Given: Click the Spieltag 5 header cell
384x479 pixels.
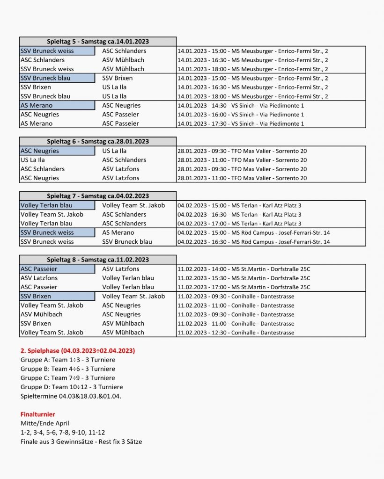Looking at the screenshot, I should click(x=97, y=42).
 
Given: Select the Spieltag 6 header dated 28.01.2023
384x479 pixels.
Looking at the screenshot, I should click(x=97, y=142).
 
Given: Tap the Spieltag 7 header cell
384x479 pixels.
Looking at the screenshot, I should click(x=97, y=196).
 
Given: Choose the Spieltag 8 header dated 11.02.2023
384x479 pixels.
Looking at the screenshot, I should click(x=97, y=260).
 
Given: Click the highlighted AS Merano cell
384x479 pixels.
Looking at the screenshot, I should click(x=57, y=105).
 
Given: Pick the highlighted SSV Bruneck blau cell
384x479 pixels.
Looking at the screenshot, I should click(x=57, y=78).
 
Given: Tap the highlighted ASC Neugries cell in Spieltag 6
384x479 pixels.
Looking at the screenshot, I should click(x=57, y=151).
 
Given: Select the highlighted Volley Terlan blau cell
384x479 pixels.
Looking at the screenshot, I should click(x=57, y=205).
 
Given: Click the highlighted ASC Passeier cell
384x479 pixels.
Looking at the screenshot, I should click(x=57, y=269).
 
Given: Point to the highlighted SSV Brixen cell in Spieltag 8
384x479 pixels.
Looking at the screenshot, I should click(x=57, y=296).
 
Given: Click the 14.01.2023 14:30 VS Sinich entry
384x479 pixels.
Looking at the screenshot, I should click(x=241, y=106).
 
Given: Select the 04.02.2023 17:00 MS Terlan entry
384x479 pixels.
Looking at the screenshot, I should click(x=239, y=224).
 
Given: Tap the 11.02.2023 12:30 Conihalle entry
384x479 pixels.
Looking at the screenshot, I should click(x=236, y=333).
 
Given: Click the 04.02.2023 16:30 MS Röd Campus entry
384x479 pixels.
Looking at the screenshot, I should click(x=253, y=242).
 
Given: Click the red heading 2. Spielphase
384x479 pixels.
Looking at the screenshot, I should click(x=78, y=351).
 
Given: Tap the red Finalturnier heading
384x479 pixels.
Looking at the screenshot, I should click(x=38, y=414).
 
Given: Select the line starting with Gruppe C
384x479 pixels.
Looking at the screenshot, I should click(x=67, y=378).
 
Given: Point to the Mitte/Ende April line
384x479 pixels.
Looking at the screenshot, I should click(x=45, y=423).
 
